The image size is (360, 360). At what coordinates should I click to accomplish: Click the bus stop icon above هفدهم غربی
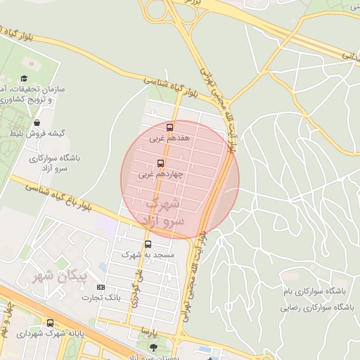pos(169,127)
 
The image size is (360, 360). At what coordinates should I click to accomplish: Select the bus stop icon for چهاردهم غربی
pos(160,162)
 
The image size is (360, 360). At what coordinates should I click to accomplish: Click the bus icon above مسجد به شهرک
pos(147,245)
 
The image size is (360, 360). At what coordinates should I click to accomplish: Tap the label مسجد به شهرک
pos(141,256)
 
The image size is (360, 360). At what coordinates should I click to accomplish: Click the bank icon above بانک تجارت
pos(101,287)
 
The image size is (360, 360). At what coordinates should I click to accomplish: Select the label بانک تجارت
pos(101,297)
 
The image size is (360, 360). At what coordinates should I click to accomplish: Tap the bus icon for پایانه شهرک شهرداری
pos(49,323)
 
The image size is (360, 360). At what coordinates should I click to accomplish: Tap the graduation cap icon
pos(23,79)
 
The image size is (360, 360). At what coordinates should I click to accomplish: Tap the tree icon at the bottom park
pos(154,347)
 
